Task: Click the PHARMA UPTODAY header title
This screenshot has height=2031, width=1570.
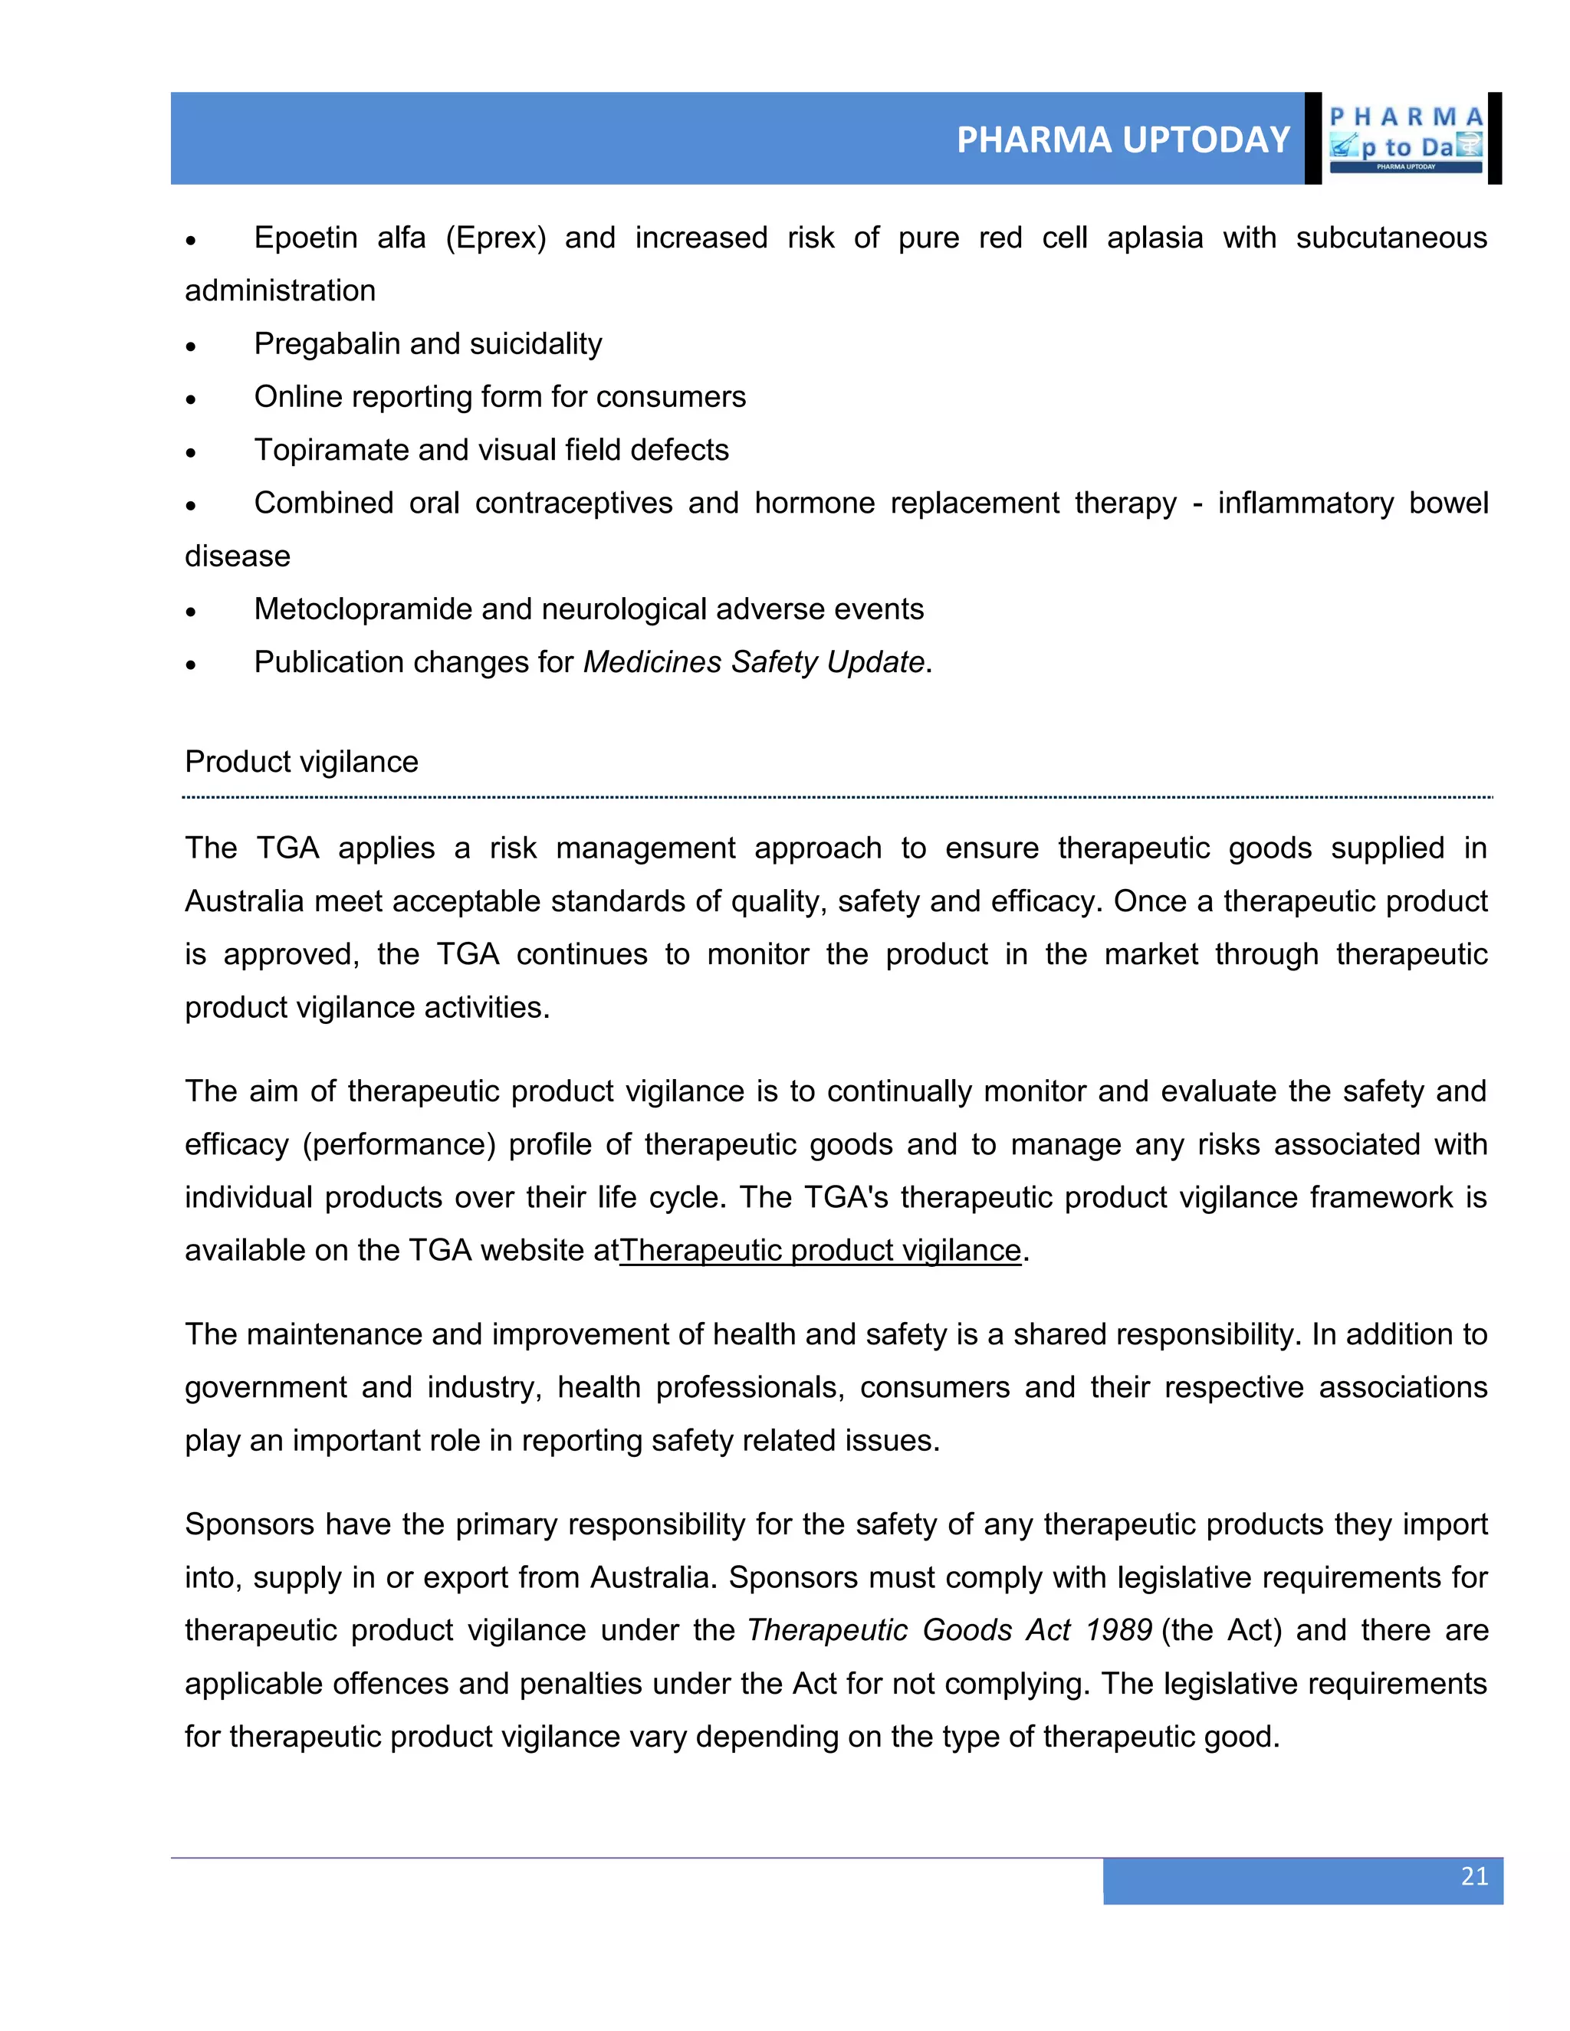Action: pos(1122,140)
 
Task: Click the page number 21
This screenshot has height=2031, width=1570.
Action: pos(1474,1875)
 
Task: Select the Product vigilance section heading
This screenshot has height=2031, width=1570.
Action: pos(301,762)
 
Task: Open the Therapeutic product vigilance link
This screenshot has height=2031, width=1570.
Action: pos(820,1250)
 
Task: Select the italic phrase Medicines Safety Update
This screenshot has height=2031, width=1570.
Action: pos(754,662)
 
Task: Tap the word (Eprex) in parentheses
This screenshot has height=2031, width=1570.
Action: pos(496,238)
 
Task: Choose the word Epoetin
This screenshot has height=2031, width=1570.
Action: pos(305,238)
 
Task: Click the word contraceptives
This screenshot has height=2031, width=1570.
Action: pos(574,503)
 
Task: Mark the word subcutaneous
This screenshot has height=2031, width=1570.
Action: pos(1391,238)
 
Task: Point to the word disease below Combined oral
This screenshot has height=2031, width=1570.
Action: pos(237,556)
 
